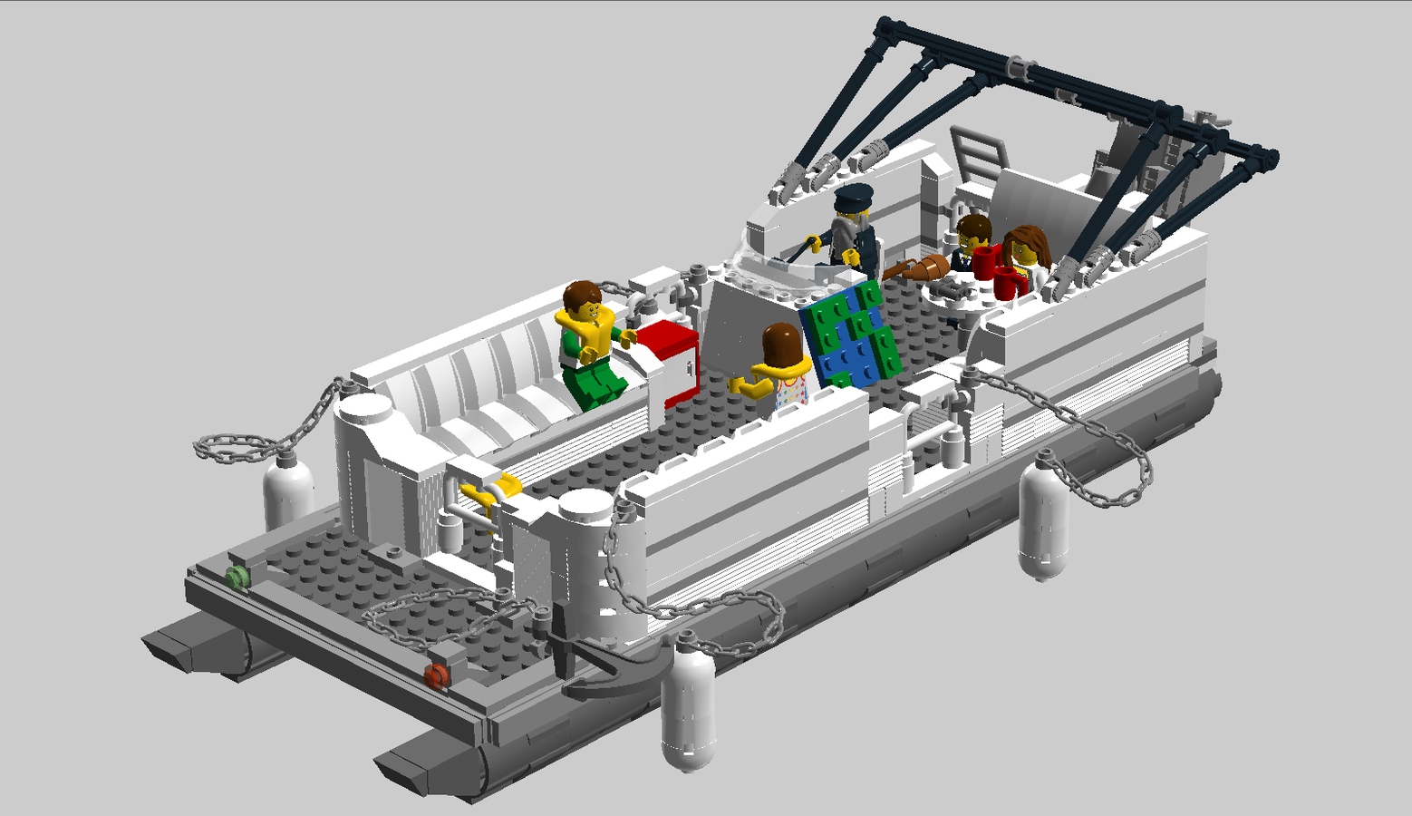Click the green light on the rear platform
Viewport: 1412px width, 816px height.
(x=237, y=577)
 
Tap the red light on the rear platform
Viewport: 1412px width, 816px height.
(x=437, y=675)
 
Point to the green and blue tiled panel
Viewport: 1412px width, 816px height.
(x=852, y=335)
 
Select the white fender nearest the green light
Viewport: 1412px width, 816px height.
(x=288, y=494)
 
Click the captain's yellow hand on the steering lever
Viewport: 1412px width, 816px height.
(x=814, y=242)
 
